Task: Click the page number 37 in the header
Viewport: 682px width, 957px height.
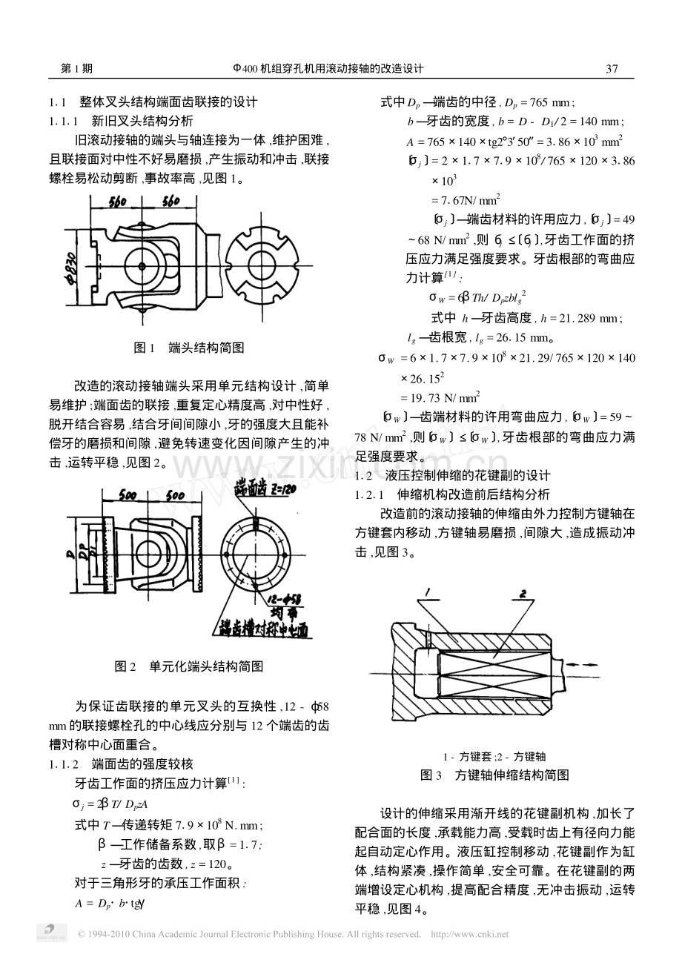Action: pos(612,69)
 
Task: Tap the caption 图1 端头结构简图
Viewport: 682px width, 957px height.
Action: pos(189,348)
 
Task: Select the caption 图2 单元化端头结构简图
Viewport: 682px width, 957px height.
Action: pos(189,666)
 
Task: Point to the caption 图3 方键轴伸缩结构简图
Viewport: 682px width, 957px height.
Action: pos(494,775)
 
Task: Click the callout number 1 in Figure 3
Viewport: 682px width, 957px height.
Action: pos(428,592)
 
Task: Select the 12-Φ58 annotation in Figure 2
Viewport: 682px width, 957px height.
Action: pos(284,600)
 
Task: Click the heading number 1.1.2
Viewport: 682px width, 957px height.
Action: pos(64,764)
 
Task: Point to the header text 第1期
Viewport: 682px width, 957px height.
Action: pos(76,68)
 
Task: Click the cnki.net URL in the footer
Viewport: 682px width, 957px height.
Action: pos(470,934)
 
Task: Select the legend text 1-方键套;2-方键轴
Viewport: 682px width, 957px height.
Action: pos(494,757)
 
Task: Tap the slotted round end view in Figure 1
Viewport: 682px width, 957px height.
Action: pos(262,265)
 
